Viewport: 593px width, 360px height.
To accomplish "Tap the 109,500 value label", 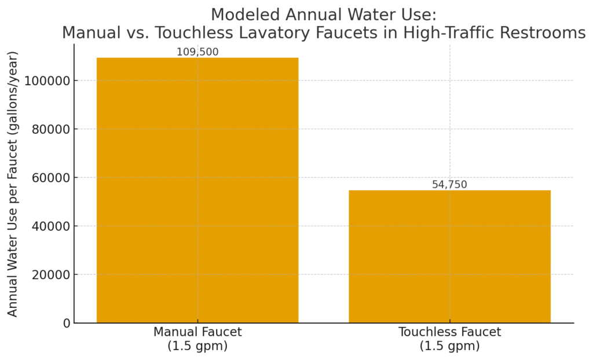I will (197, 52).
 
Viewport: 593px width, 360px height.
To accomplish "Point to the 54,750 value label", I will (449, 185).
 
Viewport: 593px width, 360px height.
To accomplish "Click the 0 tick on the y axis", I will (67, 323).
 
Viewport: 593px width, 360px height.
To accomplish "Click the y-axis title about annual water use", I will (13, 184).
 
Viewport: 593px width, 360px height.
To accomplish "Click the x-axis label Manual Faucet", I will (197, 332).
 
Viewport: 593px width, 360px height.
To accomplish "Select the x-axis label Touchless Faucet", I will (449, 332).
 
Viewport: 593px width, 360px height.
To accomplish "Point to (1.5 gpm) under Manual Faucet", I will (197, 346).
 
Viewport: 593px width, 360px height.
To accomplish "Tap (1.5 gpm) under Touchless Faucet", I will (449, 346).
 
